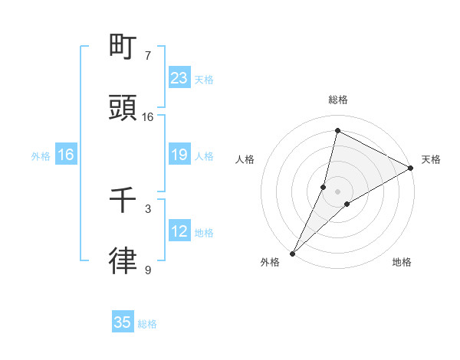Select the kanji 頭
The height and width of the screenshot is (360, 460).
[x=123, y=109]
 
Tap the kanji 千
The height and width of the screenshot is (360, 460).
[x=123, y=201]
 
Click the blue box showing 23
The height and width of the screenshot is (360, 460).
[x=179, y=77]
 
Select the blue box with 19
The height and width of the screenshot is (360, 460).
[x=179, y=155]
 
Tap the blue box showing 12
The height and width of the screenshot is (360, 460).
[x=179, y=231]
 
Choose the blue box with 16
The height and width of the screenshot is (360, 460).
[x=66, y=155]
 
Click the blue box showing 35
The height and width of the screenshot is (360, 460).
[x=123, y=322]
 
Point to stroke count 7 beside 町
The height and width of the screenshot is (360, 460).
[x=148, y=55]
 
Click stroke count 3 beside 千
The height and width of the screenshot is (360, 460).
[x=148, y=208]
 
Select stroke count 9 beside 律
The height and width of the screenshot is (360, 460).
[x=148, y=270]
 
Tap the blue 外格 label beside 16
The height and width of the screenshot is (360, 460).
[x=41, y=155]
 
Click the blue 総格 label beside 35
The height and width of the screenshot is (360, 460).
[x=147, y=324]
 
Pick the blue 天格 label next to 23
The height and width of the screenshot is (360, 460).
[x=204, y=79]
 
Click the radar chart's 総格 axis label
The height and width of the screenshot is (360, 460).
[x=338, y=100]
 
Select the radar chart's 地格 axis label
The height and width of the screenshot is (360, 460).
[x=402, y=262]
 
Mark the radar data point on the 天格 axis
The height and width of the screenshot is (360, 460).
[x=411, y=169]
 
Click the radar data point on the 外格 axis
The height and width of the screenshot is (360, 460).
[x=292, y=253]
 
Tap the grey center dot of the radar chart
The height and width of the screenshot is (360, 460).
[x=338, y=191]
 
